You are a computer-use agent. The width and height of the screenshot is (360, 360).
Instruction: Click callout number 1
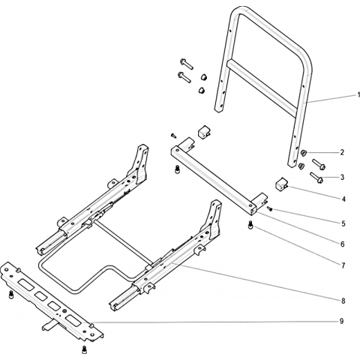pos(358,95)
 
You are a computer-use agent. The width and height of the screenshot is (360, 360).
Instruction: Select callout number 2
pos(342,152)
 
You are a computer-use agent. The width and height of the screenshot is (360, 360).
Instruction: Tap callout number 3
pos(342,177)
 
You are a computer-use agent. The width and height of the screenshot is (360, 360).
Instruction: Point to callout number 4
pos(343,199)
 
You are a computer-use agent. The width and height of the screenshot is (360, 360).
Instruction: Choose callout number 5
pos(343,223)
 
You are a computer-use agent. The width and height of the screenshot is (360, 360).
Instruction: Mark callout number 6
pos(343,244)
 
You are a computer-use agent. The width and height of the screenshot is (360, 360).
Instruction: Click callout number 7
pos(343,265)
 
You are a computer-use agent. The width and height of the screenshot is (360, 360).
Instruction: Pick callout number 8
pos(343,301)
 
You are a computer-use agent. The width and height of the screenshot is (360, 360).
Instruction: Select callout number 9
pos(342,321)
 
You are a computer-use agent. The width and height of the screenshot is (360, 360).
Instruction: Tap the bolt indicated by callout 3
pos(316,177)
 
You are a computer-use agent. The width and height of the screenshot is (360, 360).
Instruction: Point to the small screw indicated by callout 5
pos(269,208)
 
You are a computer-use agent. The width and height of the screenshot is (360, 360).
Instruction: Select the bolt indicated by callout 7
pos(250,225)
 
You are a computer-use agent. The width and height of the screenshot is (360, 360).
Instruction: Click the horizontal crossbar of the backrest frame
pos(262,88)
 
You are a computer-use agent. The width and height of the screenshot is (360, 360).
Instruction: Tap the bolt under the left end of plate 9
pos(11,294)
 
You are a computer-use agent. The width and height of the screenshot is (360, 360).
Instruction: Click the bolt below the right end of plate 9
pos(84,349)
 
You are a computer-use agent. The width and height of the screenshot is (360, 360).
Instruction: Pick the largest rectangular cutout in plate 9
pos(73,320)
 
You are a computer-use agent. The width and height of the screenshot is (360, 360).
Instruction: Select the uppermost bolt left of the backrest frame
pos(186,64)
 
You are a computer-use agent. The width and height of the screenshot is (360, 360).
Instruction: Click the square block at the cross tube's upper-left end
pos(205,132)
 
